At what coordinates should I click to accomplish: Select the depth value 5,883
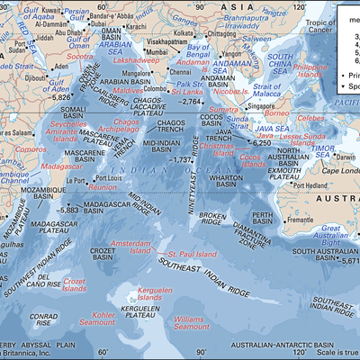65,210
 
